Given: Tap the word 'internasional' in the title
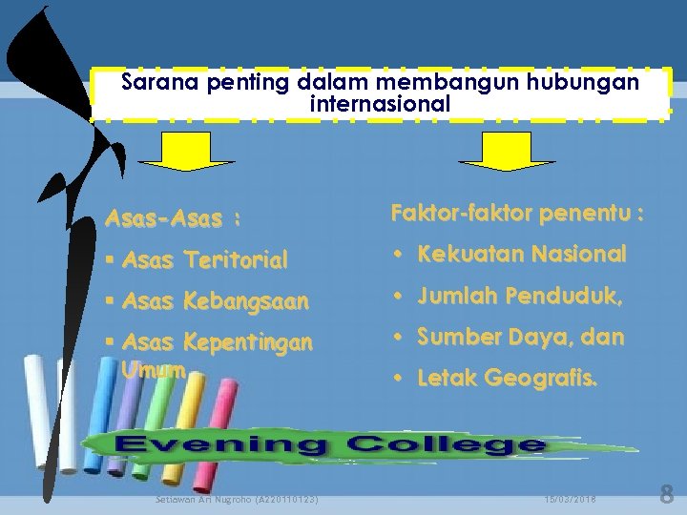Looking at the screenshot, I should pyautogui.click(x=380, y=104).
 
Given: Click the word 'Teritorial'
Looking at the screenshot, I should pyautogui.click(x=236, y=259).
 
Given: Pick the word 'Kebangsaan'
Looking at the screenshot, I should pyautogui.click(x=246, y=302).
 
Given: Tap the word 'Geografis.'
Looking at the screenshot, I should pyautogui.click(x=542, y=378).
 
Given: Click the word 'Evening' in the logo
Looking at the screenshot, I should pyautogui.click(x=220, y=444).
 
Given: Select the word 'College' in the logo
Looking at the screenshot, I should pyautogui.click(x=446, y=444).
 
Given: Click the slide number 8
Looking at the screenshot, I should pyautogui.click(x=666, y=495).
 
